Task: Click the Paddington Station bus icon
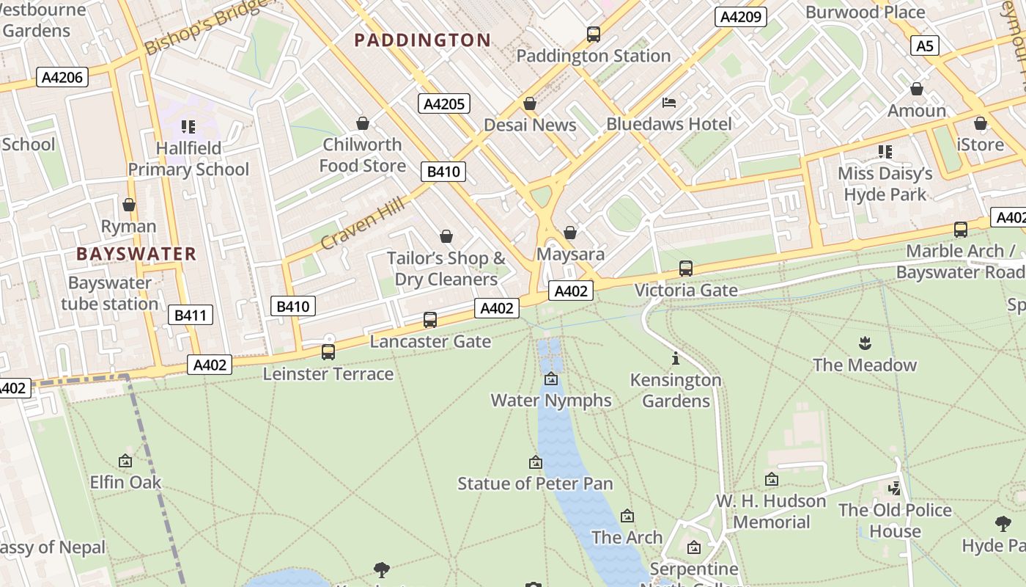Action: click(594, 34)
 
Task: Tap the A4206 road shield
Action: click(64, 77)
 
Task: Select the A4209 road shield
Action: click(741, 17)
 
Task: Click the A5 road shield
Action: click(926, 46)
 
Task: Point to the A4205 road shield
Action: click(444, 103)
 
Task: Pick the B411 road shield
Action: click(190, 316)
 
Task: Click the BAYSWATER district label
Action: click(136, 254)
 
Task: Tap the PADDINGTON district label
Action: click(422, 40)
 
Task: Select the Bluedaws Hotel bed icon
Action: click(669, 102)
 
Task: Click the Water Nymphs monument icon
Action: click(551, 379)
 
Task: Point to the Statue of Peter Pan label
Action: click(535, 484)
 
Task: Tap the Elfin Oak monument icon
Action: click(125, 461)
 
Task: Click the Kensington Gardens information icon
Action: click(676, 359)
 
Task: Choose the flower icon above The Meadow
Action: click(864, 343)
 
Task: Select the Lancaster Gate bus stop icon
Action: click(430, 320)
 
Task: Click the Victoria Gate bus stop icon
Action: click(686, 269)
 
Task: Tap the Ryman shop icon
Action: click(129, 205)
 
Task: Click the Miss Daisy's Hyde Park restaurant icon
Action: click(885, 152)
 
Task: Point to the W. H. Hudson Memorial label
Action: click(771, 511)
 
